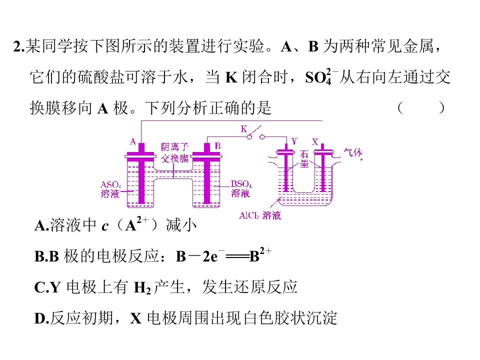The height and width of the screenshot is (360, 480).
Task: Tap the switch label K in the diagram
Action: click(x=243, y=129)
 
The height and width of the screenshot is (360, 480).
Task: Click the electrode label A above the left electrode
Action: click(x=133, y=141)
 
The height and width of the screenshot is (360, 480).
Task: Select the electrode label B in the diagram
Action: click(x=217, y=145)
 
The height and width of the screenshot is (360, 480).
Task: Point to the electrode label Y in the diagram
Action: click(x=294, y=141)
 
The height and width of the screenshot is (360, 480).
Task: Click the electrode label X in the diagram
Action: click(x=314, y=141)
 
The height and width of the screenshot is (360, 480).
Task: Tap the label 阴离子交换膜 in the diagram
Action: click(x=175, y=153)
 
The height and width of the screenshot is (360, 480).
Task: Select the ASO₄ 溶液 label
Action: click(x=110, y=189)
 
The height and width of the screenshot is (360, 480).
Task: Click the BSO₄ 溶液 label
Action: click(x=241, y=188)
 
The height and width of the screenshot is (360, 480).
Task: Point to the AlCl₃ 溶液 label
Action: click(x=259, y=215)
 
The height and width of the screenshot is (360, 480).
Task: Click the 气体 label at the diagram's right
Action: click(x=352, y=152)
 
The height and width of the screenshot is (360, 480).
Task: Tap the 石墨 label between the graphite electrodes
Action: click(x=304, y=159)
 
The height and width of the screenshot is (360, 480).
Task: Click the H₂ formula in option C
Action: click(x=142, y=288)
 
